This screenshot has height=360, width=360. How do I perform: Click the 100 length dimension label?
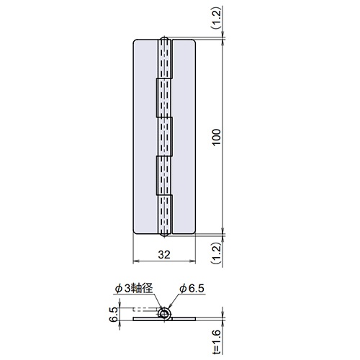(x=217, y=137)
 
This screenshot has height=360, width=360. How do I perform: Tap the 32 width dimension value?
(x=164, y=255)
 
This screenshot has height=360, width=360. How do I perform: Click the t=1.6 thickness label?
(x=217, y=342)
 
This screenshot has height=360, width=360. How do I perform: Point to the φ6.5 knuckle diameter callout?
(x=192, y=289)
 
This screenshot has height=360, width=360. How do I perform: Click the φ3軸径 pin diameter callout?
(x=134, y=288)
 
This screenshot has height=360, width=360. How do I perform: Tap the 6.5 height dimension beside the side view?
(x=114, y=315)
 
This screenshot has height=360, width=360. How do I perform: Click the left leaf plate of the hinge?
(x=145, y=136)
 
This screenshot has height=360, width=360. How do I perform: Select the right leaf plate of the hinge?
(x=184, y=136)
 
